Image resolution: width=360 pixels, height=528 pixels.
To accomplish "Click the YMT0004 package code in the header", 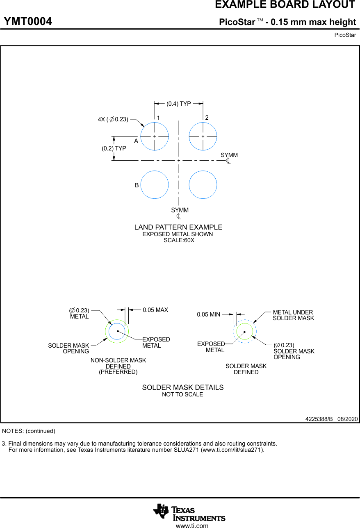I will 28,22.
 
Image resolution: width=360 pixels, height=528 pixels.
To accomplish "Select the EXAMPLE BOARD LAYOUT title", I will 285,5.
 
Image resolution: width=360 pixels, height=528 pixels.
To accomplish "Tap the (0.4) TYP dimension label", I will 179,104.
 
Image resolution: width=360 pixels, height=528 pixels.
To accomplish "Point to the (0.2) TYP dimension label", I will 114,148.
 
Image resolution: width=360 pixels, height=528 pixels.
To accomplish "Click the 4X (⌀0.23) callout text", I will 113,119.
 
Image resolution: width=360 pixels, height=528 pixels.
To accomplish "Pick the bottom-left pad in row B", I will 155,185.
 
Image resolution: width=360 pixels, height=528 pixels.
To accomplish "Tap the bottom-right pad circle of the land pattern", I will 203,185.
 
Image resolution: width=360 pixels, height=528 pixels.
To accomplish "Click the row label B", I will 137,185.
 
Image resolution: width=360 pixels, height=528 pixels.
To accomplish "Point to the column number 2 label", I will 207,118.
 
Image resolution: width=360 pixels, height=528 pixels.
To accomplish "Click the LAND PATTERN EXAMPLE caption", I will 178,227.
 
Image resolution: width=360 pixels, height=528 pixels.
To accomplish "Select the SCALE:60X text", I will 179,241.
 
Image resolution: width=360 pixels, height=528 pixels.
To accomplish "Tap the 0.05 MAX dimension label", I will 155,310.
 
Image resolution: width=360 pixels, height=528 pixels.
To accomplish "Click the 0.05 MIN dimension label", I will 208,314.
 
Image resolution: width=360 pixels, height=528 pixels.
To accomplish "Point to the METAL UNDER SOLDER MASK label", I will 293,315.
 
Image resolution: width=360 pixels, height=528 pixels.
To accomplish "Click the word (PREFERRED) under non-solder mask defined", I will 118,372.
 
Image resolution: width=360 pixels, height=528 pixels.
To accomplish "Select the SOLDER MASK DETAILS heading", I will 183,387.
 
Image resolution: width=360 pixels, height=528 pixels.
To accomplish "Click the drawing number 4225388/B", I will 319,419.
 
